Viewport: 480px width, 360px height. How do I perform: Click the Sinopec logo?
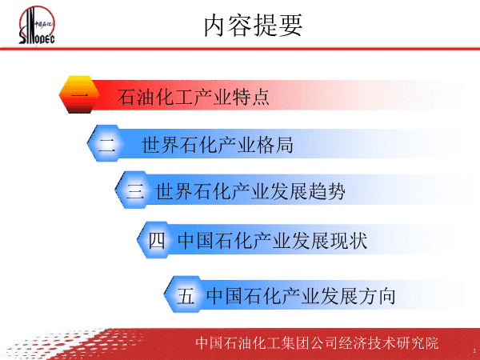tap(37, 25)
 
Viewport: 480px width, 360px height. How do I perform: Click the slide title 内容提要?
tap(253, 26)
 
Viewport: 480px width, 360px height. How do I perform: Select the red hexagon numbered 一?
tap(79, 94)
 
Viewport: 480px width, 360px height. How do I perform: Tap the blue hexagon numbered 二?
tap(106, 143)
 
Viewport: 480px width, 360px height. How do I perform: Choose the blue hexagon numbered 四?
tap(157, 240)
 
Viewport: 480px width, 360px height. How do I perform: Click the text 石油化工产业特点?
tap(194, 97)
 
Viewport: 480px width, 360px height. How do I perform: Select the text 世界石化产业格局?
tap(218, 145)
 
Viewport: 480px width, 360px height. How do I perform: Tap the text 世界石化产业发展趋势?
tap(250, 192)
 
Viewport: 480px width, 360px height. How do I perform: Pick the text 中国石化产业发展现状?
tap(273, 240)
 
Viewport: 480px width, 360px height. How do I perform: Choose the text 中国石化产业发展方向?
tap(301, 296)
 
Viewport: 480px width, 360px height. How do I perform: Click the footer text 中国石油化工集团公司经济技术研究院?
tap(317, 343)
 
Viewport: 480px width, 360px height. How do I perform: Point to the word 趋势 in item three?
tap(326, 192)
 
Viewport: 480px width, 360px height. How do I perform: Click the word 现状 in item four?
tap(349, 240)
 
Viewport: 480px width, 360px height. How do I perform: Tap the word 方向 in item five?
tap(377, 296)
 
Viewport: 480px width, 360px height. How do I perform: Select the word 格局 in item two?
tap(274, 145)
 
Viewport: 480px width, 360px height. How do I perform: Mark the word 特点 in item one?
tap(250, 97)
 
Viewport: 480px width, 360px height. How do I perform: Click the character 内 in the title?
tap(215, 26)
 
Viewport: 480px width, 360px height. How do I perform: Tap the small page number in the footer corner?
tap(474, 350)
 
